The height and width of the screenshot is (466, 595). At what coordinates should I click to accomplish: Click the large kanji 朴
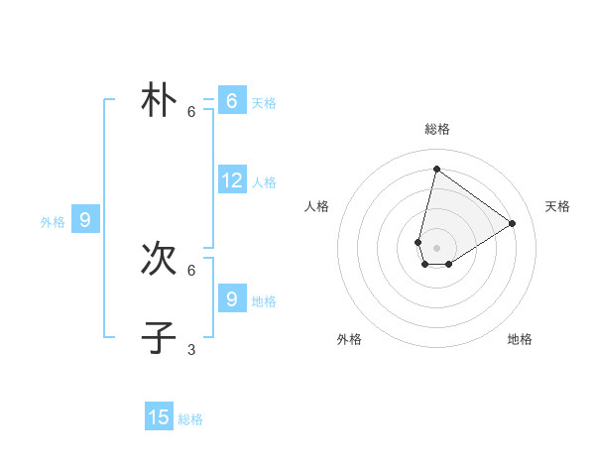pyautogui.click(x=159, y=101)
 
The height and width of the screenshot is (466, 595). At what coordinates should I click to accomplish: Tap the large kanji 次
pyautogui.click(x=159, y=260)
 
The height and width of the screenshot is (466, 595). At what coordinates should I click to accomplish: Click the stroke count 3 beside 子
pyautogui.click(x=191, y=349)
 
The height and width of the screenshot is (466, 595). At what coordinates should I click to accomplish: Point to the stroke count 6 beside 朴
pyautogui.click(x=191, y=111)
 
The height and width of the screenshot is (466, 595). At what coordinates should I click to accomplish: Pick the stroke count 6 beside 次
pyautogui.click(x=191, y=270)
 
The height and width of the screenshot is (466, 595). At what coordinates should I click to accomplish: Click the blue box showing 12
pyautogui.click(x=232, y=180)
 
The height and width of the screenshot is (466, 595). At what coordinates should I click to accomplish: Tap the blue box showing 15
pyautogui.click(x=159, y=417)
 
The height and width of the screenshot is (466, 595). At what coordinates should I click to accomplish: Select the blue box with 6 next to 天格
pyautogui.click(x=232, y=101)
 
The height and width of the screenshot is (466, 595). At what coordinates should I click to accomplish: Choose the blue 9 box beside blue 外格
pyautogui.click(x=85, y=220)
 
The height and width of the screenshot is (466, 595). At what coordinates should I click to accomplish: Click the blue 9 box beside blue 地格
pyautogui.click(x=232, y=298)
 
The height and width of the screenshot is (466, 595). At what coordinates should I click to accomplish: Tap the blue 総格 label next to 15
pyautogui.click(x=190, y=419)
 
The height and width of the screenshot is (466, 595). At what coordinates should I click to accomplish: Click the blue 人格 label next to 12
pyautogui.click(x=264, y=182)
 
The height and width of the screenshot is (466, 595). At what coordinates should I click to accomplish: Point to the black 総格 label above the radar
pyautogui.click(x=436, y=129)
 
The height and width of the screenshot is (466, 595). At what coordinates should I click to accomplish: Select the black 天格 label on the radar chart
pyautogui.click(x=557, y=206)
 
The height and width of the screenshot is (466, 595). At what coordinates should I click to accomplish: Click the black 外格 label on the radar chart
pyautogui.click(x=349, y=339)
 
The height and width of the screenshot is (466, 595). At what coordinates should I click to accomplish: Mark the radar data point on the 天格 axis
pyautogui.click(x=513, y=223)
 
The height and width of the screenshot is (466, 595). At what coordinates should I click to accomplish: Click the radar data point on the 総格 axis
pyautogui.click(x=436, y=169)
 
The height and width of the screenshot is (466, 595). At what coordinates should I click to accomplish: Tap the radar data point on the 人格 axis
pyautogui.click(x=418, y=242)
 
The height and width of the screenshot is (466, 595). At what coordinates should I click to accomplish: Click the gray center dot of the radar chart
pyautogui.click(x=436, y=248)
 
